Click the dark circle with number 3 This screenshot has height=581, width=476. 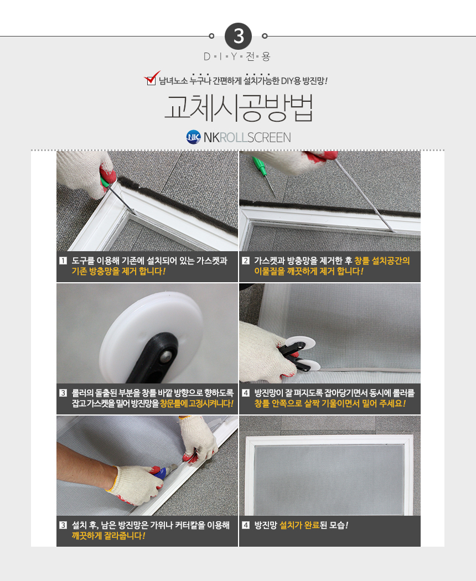pyautogui.click(x=238, y=37)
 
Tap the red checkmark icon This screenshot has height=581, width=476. pyautogui.click(x=152, y=78)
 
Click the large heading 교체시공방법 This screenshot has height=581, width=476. pyautogui.click(x=239, y=108)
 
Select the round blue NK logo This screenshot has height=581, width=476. pyautogui.click(x=194, y=137)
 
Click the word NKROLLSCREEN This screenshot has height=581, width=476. pyautogui.click(x=247, y=137)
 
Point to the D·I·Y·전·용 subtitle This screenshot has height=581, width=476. pyautogui.click(x=237, y=56)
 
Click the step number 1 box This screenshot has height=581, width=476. pyautogui.click(x=63, y=261)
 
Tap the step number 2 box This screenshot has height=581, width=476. pyautogui.click(x=245, y=261)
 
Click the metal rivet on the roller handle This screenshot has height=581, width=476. pyautogui.click(x=165, y=357)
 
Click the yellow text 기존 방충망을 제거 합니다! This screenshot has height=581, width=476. pyautogui.click(x=118, y=272)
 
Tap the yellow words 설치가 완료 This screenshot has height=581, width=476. pyautogui.click(x=299, y=526)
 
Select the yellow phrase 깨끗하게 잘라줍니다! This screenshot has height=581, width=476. pyautogui.click(x=108, y=536)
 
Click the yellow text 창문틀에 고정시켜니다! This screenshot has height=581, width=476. pyautogui.click(x=197, y=403)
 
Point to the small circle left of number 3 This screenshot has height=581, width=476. pyautogui.click(x=211, y=36)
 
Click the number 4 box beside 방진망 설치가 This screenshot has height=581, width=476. pyautogui.click(x=245, y=525)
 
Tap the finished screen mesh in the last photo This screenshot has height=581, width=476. pyautogui.click(x=329, y=480)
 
